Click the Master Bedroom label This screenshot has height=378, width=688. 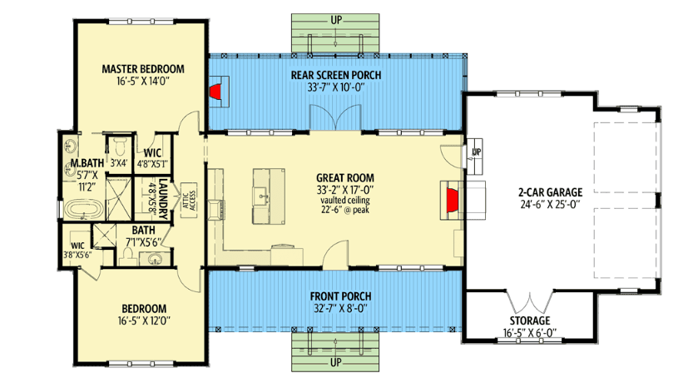click(x=143, y=69)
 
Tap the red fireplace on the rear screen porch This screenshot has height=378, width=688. click(x=215, y=92)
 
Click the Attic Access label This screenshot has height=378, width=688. click(x=189, y=200)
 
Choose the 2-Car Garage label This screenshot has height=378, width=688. click(x=550, y=192)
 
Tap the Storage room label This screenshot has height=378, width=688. click(x=530, y=321)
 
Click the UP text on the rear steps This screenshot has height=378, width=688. click(x=335, y=20)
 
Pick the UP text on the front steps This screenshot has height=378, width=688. click(x=335, y=363)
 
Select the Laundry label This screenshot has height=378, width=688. click(x=163, y=199)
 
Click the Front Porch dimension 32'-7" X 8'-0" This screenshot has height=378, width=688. click(x=340, y=308)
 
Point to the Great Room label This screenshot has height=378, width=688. click(x=345, y=178)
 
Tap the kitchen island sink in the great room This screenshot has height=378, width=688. click(x=261, y=194)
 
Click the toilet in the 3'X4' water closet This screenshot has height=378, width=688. click(x=119, y=146)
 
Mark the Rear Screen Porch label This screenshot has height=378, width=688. click(x=336, y=75)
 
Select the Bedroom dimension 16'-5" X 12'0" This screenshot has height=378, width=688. click(x=144, y=321)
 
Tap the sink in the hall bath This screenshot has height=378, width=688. click(x=155, y=259)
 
